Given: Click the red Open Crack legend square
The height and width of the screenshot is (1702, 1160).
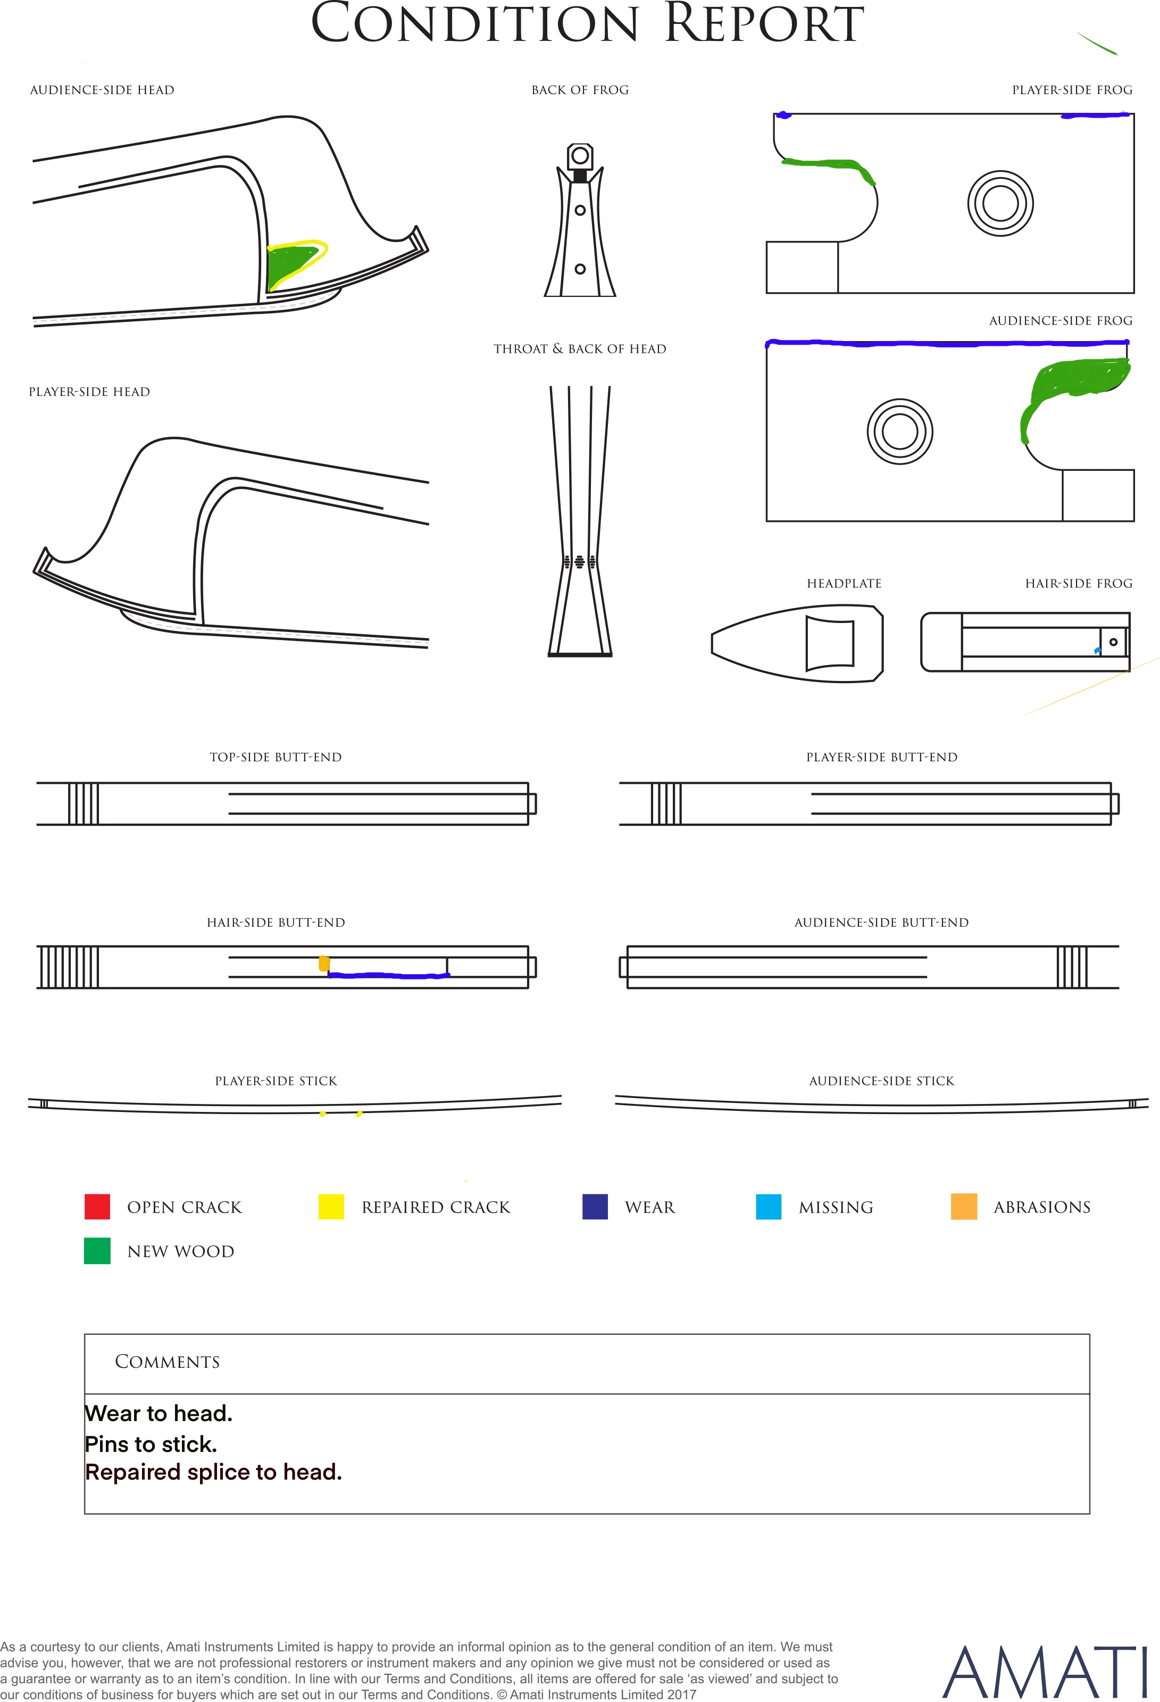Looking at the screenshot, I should (x=97, y=1206).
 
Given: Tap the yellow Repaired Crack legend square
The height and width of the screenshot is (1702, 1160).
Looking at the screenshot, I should (x=331, y=1206).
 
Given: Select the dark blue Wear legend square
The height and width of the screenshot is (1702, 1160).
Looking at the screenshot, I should (x=595, y=1206).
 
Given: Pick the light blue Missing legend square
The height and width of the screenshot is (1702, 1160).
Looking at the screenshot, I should (x=768, y=1206).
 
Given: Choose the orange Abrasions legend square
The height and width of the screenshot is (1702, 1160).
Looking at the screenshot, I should (x=964, y=1206).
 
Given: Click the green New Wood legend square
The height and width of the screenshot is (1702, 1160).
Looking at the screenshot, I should (x=97, y=1251).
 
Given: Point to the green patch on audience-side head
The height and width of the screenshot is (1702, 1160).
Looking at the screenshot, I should (x=291, y=264).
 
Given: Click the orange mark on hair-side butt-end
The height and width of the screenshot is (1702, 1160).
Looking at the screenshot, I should (x=324, y=964).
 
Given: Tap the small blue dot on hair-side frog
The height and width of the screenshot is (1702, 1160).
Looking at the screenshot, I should (x=1097, y=650).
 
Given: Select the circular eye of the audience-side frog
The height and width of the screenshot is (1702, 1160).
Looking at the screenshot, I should (x=900, y=431).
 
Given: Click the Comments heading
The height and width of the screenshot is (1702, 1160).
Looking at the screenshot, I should (x=167, y=1361).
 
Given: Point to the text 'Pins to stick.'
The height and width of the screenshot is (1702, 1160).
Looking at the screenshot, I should (x=151, y=1443).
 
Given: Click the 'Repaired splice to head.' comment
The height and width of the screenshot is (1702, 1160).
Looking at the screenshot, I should (x=213, y=1472).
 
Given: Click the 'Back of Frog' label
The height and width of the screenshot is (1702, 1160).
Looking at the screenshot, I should (x=580, y=90).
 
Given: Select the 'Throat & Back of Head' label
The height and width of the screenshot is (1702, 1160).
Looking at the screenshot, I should (x=580, y=348).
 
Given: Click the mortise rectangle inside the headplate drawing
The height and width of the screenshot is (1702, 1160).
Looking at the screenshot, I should (x=830, y=643).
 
